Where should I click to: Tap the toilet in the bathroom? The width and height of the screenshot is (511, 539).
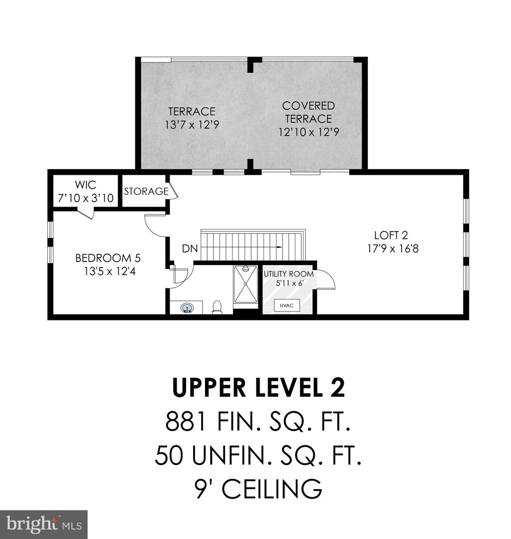pyautogui.click(x=217, y=306)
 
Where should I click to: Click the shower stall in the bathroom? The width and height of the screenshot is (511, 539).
pyautogui.click(x=246, y=284)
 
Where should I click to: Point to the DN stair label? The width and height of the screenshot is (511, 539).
pyautogui.click(x=189, y=248)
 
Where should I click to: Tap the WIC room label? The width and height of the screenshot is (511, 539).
pyautogui.click(x=85, y=184)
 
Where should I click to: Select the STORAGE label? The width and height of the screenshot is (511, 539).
pyautogui.click(x=146, y=191)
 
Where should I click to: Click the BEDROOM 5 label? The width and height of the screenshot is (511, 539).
pyautogui.click(x=108, y=258)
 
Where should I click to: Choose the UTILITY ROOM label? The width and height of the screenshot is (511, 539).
pyautogui.click(x=289, y=274)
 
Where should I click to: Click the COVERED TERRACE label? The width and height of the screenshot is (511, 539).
pyautogui.click(x=307, y=112)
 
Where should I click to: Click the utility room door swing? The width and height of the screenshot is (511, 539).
pyautogui.click(x=326, y=279)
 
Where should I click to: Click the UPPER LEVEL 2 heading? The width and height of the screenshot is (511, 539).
pyautogui.click(x=258, y=388)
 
